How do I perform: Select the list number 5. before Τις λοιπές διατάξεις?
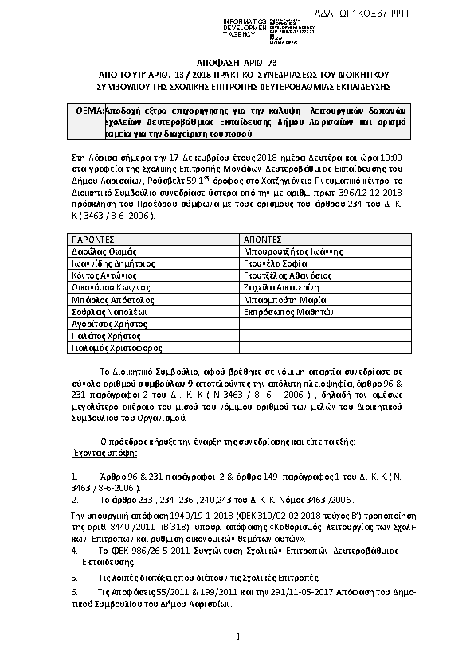click(x=75, y=576)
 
